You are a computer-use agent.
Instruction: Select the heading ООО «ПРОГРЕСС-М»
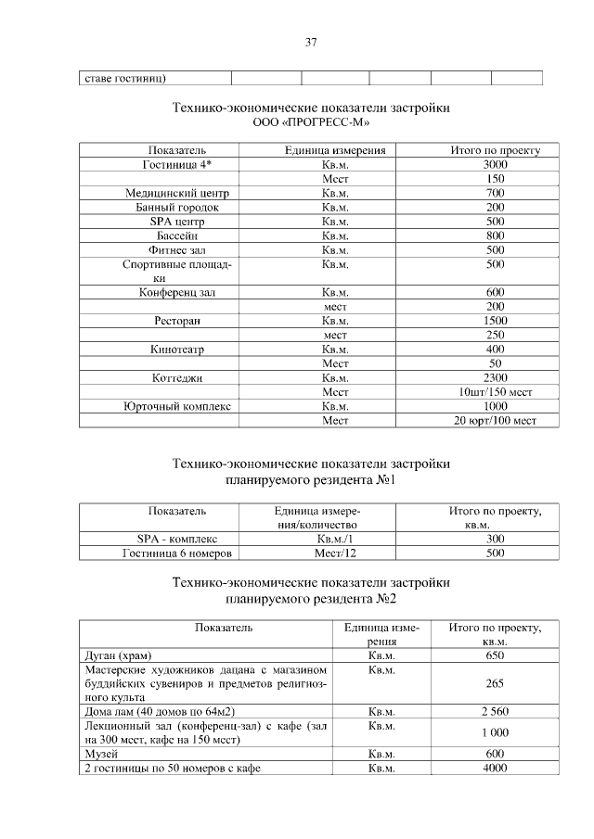(311, 122)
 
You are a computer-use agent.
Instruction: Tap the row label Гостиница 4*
(176, 164)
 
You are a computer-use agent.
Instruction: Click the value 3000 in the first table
(495, 164)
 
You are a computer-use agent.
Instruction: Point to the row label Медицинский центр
(176, 193)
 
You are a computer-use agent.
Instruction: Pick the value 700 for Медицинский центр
(495, 193)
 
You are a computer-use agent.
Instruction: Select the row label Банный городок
(176, 207)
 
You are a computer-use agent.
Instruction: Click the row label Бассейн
(176, 235)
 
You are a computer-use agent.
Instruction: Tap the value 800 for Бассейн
(495, 235)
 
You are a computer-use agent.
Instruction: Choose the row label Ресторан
(176, 321)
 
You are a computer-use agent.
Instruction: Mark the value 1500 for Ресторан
(495, 321)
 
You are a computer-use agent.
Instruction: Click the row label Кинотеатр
(176, 350)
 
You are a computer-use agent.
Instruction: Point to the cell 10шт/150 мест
(495, 392)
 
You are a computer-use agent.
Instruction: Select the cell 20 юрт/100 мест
(495, 421)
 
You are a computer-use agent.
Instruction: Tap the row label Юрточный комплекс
(176, 407)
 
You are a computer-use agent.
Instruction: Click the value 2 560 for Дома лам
(495, 712)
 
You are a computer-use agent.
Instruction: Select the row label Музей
(100, 755)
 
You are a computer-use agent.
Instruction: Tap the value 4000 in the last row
(495, 769)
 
